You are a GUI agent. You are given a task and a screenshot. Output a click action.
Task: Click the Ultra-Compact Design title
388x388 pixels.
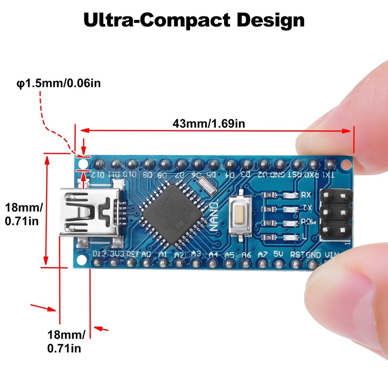(194, 20)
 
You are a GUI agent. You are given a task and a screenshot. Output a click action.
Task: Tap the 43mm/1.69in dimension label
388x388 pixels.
(209, 123)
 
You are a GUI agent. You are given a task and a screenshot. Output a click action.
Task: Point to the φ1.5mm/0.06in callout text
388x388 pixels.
(58, 83)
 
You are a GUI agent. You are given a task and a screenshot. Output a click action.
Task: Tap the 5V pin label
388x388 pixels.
(278, 254)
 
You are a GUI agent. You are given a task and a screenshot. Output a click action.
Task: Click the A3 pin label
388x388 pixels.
(196, 253)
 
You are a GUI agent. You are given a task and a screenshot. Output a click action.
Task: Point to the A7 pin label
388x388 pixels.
(262, 254)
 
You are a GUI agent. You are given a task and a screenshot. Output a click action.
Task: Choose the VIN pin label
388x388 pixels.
(331, 255)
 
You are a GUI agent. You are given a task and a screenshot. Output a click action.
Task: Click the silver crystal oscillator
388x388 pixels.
(207, 185)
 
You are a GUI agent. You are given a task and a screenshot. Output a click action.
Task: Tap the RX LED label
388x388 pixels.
(306, 195)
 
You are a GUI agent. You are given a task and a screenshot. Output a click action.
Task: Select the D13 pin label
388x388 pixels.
(99, 253)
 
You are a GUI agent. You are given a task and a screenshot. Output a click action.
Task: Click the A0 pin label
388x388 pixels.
(146, 254)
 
